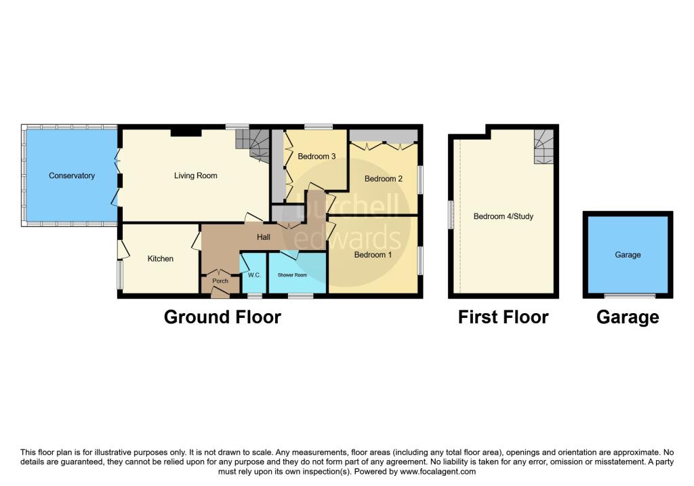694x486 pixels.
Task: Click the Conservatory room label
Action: click(72, 176)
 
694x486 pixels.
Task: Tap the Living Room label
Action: click(196, 176)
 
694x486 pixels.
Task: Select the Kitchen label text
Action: click(160, 259)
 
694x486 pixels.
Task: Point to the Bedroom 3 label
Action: click(317, 157)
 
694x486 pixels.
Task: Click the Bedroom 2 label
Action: click(384, 179)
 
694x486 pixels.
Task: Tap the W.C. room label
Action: click(254, 275)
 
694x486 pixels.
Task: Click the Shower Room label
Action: click(292, 275)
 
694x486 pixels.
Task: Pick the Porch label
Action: click(220, 281)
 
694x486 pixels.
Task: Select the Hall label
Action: click(264, 237)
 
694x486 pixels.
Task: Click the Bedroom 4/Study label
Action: click(504, 216)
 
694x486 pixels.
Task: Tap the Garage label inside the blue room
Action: click(628, 255)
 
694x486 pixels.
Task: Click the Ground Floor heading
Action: click(222, 317)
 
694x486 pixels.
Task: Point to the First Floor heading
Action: click(504, 317)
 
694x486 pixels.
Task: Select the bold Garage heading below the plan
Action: click(628, 317)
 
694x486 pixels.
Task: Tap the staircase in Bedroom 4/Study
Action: click(544, 146)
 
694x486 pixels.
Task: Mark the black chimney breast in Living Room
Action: click(186, 132)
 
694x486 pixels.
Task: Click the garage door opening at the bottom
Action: click(630, 296)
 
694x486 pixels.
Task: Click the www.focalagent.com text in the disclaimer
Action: click(438, 472)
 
